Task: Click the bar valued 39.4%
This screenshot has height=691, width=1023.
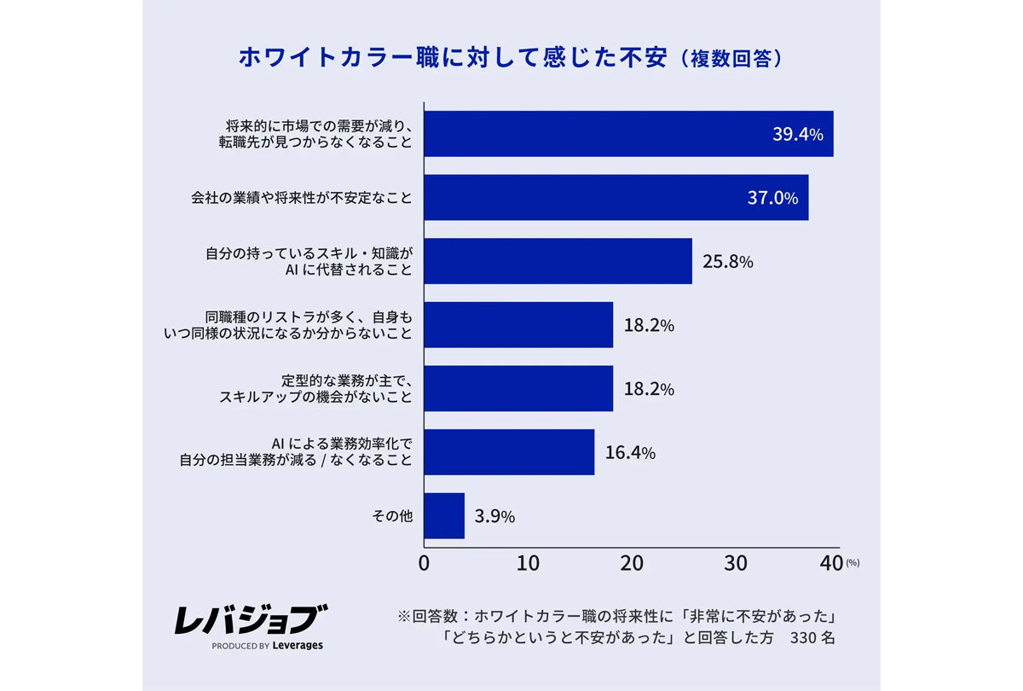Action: coord(628,134)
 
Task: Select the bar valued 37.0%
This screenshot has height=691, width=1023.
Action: coord(616,198)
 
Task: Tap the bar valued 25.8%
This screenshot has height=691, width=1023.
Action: coord(558,261)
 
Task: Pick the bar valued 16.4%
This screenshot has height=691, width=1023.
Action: coord(509,452)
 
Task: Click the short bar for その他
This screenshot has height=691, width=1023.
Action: coord(444,516)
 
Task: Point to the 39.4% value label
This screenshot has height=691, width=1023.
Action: coord(797,135)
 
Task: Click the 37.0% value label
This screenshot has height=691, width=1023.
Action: coord(772,199)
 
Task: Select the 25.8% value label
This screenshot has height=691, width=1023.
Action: coord(727,262)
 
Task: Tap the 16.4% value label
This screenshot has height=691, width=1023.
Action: coord(630,453)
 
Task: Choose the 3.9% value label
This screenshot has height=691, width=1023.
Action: coord(494,517)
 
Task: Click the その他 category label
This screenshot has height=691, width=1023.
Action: coord(392,516)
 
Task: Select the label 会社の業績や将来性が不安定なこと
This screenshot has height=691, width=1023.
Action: coord(301,198)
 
